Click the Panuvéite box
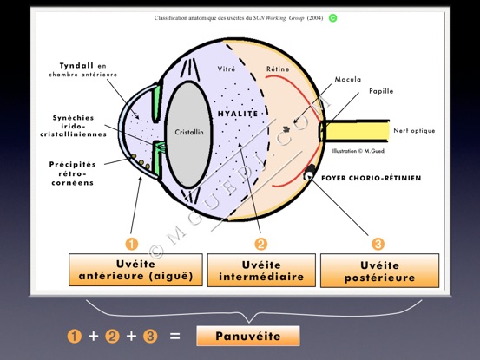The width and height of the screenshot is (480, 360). click(248, 336)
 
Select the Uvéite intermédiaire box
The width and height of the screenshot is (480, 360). click(261, 271)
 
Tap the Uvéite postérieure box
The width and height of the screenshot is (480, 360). click(379, 271)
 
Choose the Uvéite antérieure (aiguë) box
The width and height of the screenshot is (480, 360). click(135, 270)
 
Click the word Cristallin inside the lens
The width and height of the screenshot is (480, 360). click(189, 132)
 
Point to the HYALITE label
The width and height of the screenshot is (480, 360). click(238, 114)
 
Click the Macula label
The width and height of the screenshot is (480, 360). click(348, 80)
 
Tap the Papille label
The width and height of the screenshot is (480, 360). click(381, 91)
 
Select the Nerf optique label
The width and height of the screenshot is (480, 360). click(414, 131)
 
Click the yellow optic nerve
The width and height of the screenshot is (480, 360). click(355, 131)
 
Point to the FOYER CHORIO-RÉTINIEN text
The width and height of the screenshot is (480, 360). click(372, 178)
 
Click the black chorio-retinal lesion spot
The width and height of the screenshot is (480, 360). click(309, 173)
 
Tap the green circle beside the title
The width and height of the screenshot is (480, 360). click(332, 18)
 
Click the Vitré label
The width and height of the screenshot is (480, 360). click(227, 69)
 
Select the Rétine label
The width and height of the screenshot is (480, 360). click(278, 69)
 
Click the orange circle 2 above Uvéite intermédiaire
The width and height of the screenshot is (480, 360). click(260, 244)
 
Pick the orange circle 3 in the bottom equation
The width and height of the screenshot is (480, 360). click(150, 336)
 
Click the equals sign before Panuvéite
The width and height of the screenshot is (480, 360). click(174, 336)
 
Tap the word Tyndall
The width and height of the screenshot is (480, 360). click(76, 66)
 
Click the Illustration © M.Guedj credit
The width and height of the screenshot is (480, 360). click(358, 151)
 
